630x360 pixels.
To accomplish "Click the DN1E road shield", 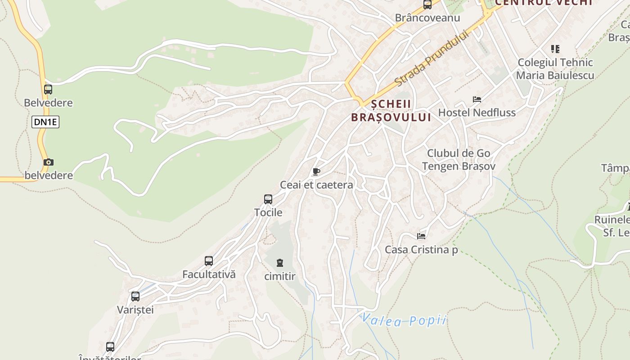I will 45,122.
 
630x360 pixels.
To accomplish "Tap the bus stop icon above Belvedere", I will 48,89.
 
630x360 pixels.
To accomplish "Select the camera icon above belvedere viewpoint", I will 48,162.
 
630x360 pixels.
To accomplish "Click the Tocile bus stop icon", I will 268,199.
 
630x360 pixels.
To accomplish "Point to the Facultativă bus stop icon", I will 209,261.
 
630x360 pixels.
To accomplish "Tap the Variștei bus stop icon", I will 135,296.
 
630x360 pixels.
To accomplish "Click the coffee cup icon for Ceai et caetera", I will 316,171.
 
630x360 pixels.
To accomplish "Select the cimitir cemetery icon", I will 280,263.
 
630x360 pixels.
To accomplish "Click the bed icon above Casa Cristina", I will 421,235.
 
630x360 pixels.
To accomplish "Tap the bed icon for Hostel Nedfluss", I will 477,99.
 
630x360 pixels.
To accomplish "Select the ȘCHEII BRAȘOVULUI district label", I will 391,111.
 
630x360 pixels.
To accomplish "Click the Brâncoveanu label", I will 427,18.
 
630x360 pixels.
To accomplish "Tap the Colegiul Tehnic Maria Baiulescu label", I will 555,69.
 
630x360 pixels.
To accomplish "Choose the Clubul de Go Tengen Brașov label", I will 459,159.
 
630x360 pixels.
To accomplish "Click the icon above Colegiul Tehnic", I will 555,49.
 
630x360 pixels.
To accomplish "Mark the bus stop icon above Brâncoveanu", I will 427,4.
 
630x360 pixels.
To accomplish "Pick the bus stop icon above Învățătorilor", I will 110,346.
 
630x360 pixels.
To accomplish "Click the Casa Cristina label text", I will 421,249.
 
